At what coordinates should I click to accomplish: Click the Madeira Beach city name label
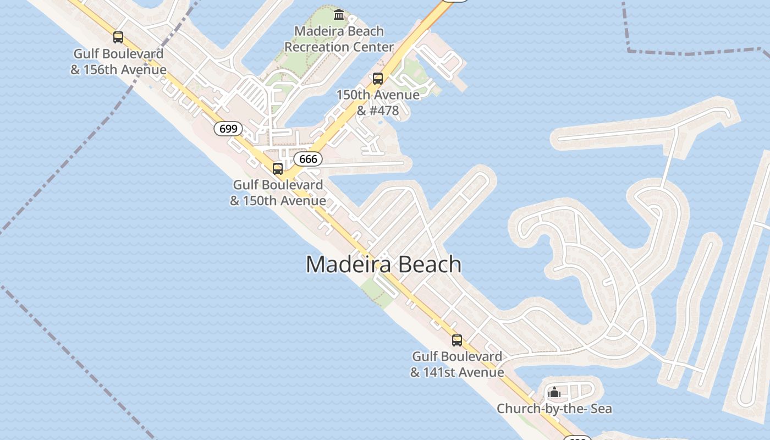tap(383, 265)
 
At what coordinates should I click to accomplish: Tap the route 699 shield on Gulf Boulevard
tap(228, 129)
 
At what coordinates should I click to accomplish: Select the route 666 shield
tap(308, 159)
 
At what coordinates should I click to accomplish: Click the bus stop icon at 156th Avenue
tap(118, 37)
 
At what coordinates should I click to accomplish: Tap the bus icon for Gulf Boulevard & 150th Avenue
tap(278, 168)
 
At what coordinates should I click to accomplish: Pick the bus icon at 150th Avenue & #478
tap(377, 78)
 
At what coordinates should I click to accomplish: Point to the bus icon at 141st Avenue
tap(457, 340)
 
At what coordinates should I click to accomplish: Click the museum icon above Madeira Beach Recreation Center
tap(339, 14)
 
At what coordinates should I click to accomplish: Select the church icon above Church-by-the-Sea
tap(554, 393)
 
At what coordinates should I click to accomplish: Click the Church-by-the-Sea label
tap(554, 409)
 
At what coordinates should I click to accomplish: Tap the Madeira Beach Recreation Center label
tap(339, 39)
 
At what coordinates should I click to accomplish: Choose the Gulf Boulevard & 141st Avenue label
tap(457, 364)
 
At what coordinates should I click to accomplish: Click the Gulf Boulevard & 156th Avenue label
tap(118, 62)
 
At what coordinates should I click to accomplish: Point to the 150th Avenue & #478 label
tap(378, 102)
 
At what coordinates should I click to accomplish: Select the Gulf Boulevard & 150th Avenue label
tap(278, 193)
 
